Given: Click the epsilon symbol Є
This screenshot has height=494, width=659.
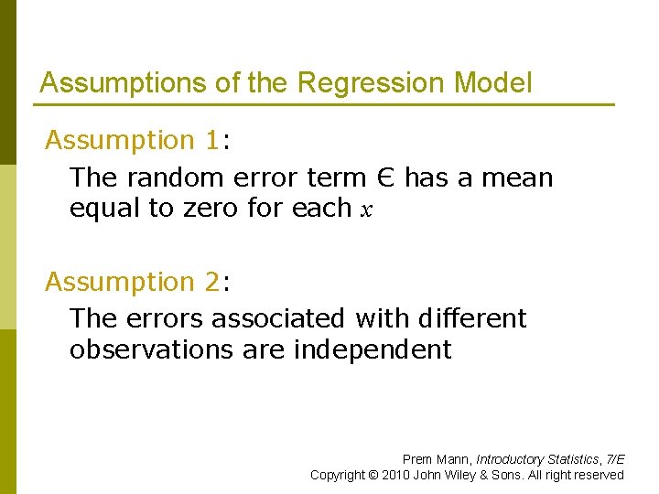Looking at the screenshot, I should [x=387, y=177].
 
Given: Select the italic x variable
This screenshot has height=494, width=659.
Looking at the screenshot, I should [x=367, y=210].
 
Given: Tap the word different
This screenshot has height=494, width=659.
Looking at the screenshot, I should [x=471, y=318].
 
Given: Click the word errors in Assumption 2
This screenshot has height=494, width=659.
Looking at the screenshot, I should [x=170, y=318].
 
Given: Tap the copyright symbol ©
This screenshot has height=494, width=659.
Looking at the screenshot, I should [x=372, y=475].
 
